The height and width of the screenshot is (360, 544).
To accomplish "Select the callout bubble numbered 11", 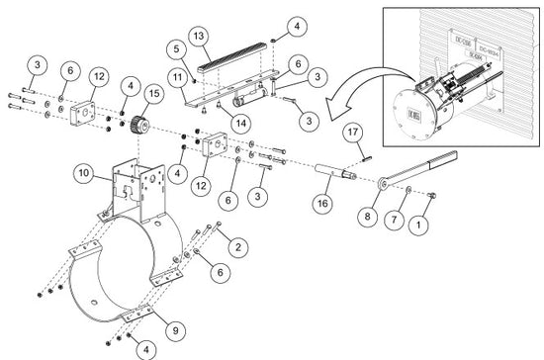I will coord(177,75).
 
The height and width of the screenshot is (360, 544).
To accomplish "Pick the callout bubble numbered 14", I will coord(239,124).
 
